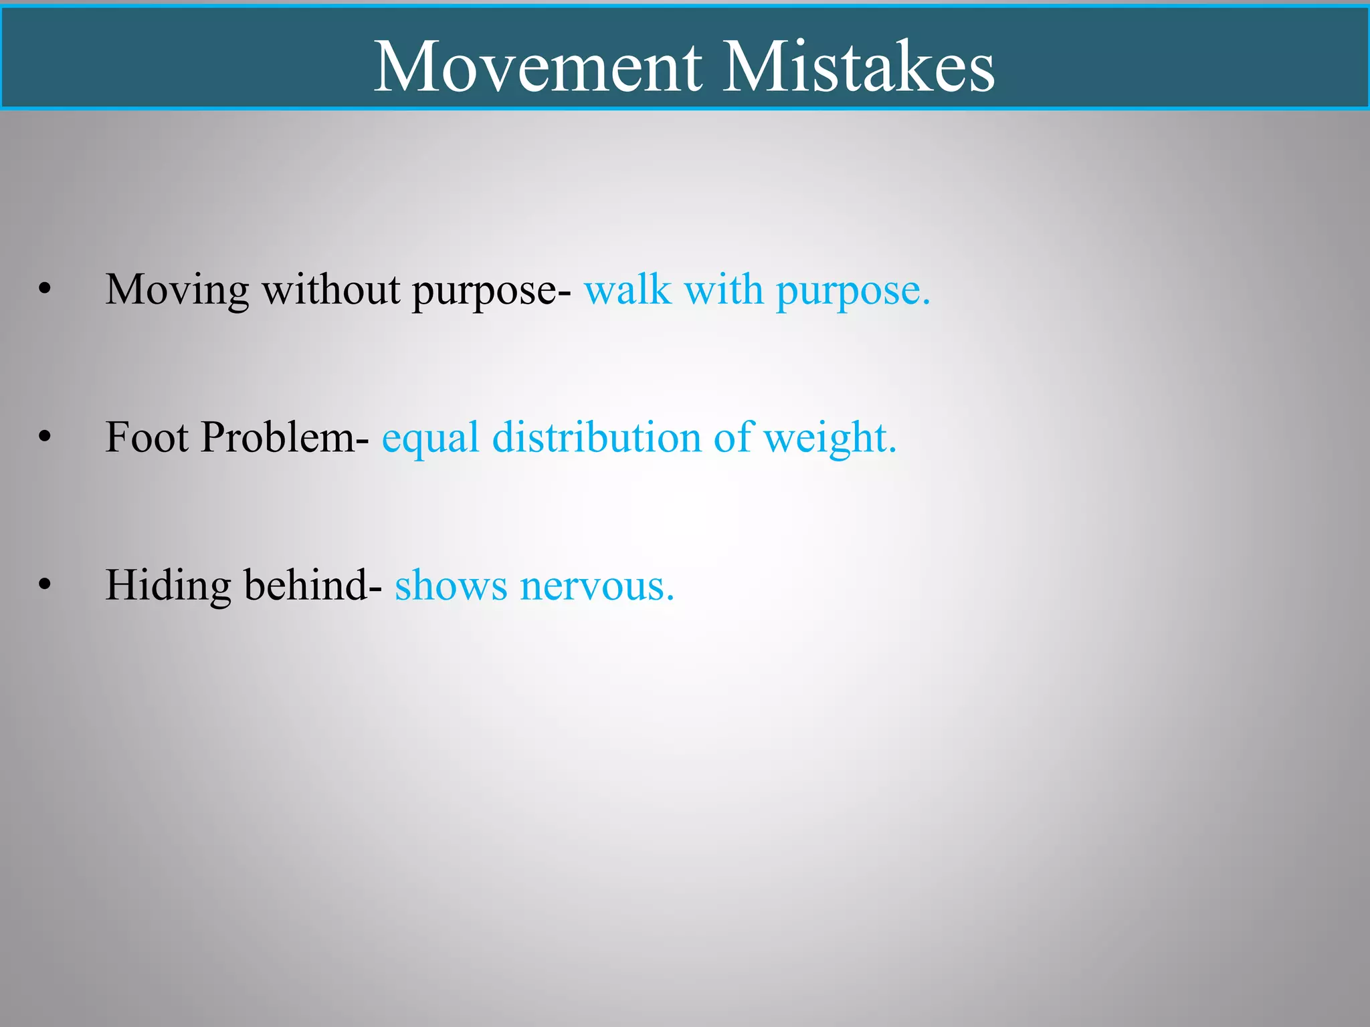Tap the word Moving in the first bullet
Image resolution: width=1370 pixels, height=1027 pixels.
tap(177, 292)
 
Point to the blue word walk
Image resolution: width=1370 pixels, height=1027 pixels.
tap(627, 290)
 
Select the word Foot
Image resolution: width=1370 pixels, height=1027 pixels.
tap(146, 438)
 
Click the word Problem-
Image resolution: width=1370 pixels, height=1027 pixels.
tap(284, 438)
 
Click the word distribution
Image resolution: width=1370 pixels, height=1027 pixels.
tap(596, 438)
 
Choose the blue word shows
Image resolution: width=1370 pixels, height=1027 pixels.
tap(451, 586)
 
